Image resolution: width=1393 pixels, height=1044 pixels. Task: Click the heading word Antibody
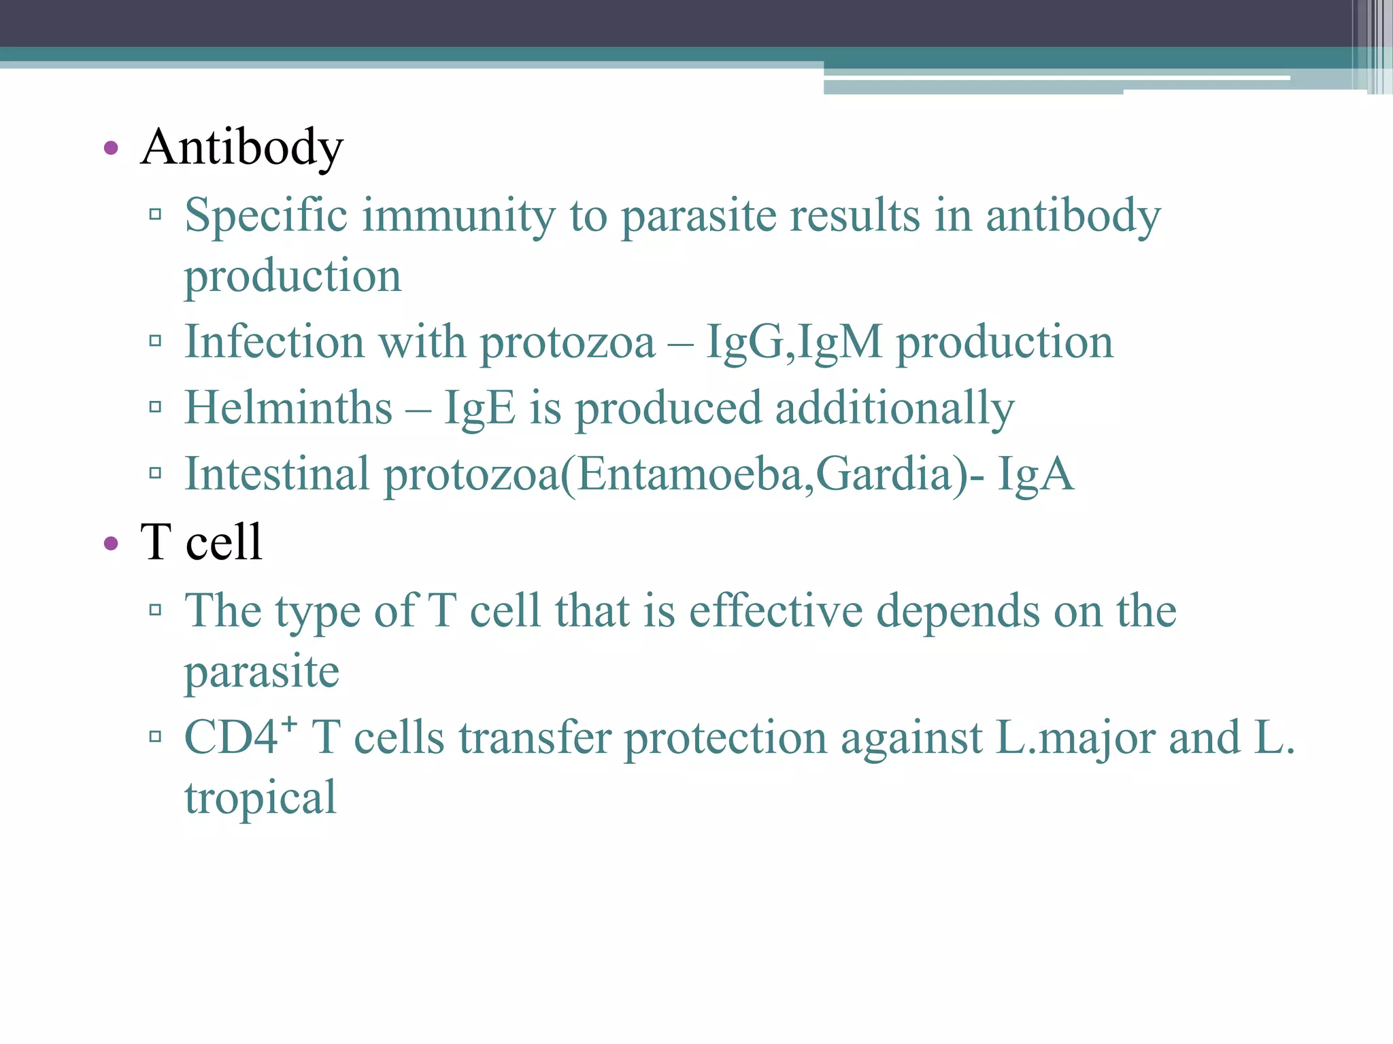(241, 147)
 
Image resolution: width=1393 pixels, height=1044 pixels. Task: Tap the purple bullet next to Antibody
(111, 147)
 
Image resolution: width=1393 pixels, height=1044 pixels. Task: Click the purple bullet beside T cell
(111, 543)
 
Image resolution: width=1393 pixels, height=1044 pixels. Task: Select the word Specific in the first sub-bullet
(266, 216)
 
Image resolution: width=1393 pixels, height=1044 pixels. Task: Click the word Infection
(274, 342)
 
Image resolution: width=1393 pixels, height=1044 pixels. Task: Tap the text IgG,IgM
(794, 342)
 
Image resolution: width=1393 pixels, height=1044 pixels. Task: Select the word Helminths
(288, 408)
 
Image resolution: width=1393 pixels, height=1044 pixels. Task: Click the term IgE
(480, 408)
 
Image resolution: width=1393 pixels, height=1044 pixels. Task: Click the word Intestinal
(278, 474)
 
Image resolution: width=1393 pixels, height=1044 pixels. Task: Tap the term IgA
(1035, 474)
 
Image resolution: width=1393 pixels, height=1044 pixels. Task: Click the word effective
(775, 611)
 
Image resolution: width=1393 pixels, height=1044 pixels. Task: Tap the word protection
(725, 738)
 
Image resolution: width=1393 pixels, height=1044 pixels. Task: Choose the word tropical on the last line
(261, 798)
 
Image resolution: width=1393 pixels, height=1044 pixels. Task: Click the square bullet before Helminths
(155, 407)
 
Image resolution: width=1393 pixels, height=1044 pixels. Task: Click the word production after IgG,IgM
(1005, 342)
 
